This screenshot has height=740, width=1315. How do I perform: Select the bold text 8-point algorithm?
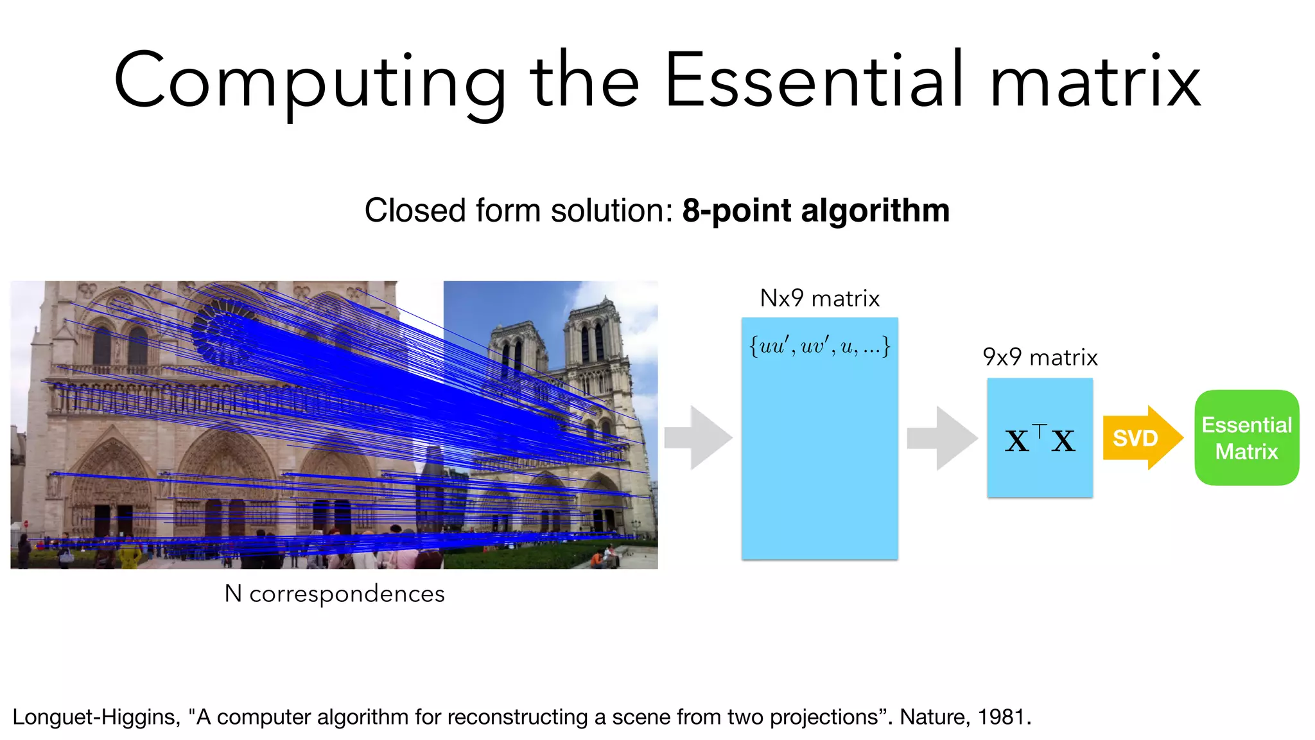click(x=815, y=211)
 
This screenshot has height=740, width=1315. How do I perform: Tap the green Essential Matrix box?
click(x=1246, y=438)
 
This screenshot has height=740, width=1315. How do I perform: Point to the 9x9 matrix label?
click(x=1040, y=357)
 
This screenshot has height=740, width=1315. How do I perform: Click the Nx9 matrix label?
click(x=819, y=299)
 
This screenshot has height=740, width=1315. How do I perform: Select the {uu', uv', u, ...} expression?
click(x=819, y=347)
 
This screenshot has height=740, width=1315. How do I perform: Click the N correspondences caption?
click(x=334, y=594)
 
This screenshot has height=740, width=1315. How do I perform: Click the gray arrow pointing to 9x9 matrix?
click(x=941, y=438)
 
